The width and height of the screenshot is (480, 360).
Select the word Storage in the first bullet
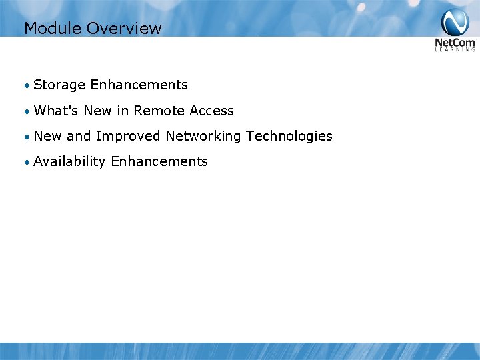(x=59, y=85)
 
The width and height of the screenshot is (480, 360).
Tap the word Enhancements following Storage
(x=139, y=85)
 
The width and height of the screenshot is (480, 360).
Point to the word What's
(x=56, y=111)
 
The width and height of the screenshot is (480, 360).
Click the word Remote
(x=159, y=111)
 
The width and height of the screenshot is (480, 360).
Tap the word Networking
(x=203, y=137)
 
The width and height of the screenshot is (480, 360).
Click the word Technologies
(x=289, y=136)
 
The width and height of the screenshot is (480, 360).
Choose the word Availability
(x=69, y=162)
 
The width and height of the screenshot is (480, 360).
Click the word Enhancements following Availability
(x=159, y=161)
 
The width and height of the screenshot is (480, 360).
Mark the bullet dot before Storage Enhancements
(x=26, y=85)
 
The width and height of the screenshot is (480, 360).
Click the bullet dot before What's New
(x=26, y=111)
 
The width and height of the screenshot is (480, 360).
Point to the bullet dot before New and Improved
(x=26, y=137)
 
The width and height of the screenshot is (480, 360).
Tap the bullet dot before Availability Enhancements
(x=26, y=162)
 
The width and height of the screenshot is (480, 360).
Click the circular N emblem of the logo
(x=455, y=23)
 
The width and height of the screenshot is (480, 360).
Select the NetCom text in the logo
(x=455, y=43)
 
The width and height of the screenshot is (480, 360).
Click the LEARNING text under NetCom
(x=455, y=50)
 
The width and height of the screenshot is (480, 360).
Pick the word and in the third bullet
(x=78, y=136)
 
